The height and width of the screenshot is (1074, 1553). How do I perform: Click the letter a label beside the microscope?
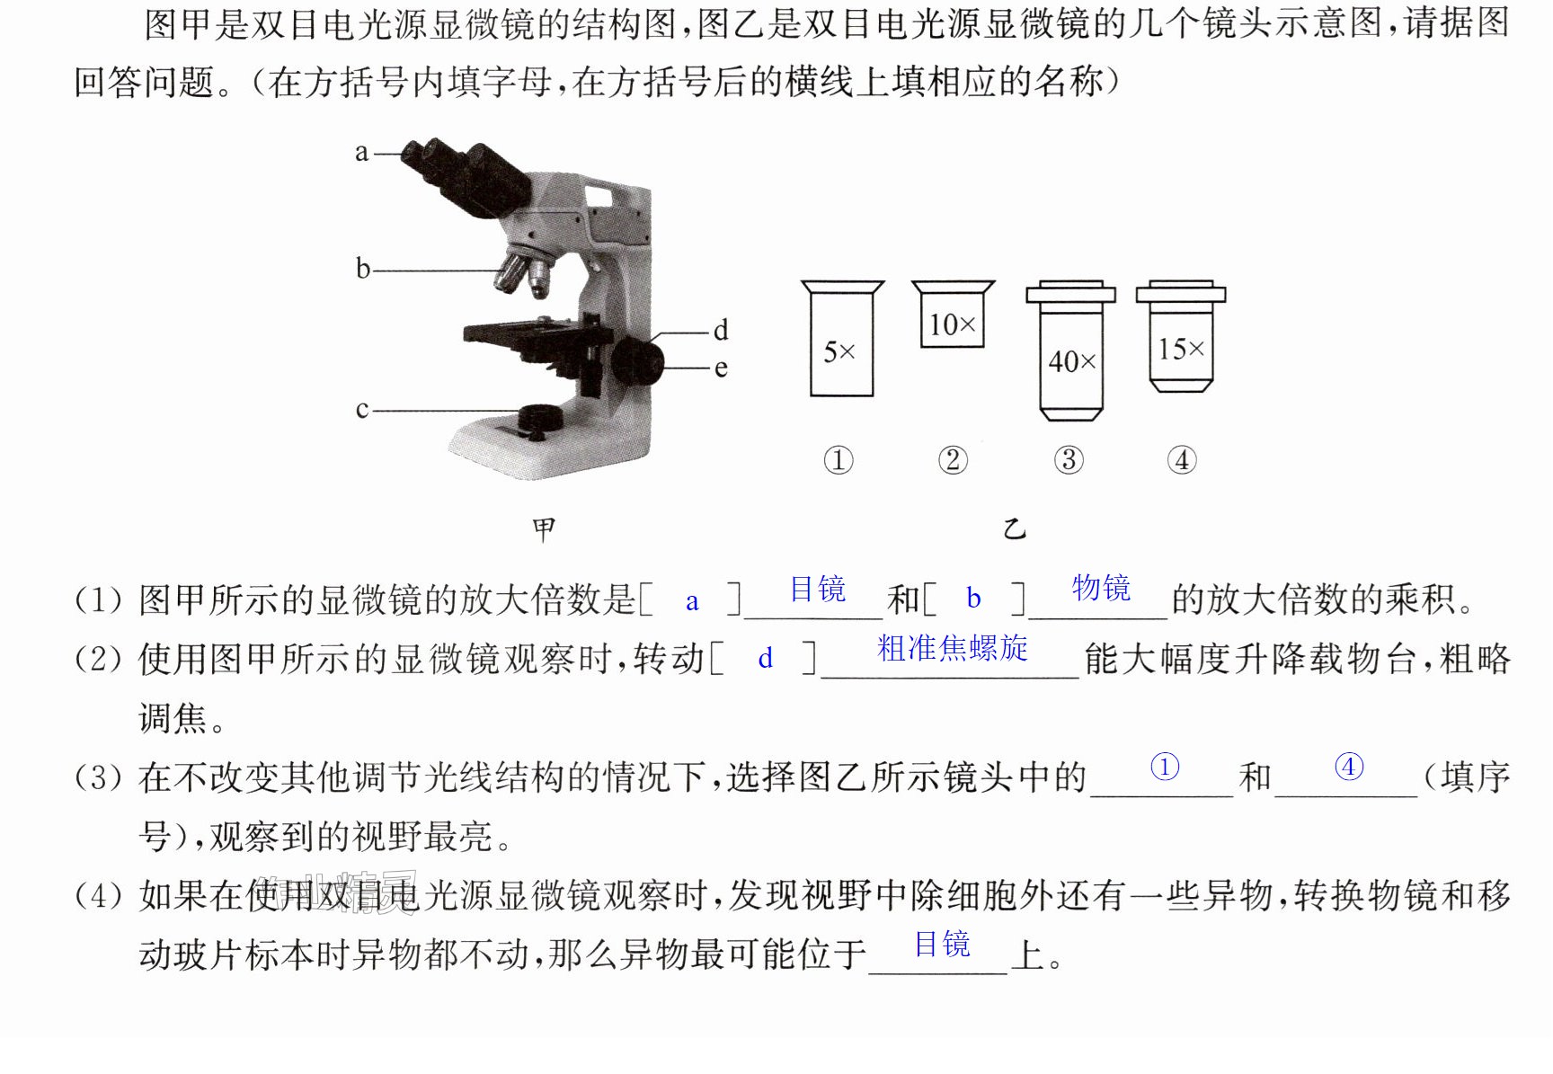361,153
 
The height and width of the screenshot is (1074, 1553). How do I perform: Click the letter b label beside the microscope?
362,268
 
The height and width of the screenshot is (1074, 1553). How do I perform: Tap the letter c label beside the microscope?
361,410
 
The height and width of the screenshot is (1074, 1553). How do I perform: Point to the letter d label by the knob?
720,330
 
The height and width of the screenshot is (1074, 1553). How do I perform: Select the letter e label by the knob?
720,368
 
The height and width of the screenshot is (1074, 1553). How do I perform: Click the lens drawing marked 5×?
842,338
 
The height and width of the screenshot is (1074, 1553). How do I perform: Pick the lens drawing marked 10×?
953,314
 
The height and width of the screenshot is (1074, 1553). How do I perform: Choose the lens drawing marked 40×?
1070,351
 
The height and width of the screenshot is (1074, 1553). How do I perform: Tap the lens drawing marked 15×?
1181,336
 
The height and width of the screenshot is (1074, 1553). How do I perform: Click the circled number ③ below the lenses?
1069,460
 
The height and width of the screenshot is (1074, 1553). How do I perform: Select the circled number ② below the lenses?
953,460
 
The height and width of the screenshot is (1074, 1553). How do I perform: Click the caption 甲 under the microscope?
544,528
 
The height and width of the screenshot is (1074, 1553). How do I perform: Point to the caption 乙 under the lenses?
1015,528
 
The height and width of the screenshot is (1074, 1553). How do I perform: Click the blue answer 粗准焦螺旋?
953,648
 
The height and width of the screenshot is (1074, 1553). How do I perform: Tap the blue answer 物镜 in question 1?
1101,588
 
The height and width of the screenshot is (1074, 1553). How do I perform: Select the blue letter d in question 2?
766,658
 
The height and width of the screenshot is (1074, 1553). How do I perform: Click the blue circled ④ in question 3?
1349,767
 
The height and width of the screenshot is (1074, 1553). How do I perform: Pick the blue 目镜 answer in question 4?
943,944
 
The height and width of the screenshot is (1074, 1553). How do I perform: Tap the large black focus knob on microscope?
638,360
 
